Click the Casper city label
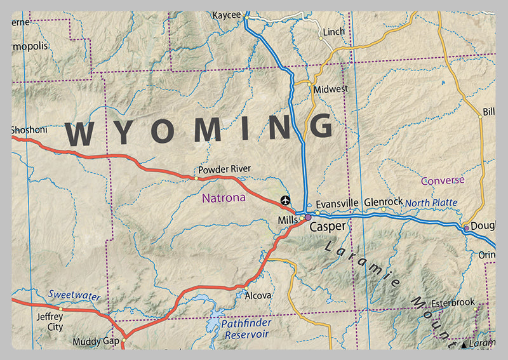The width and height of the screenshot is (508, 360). point(328,227)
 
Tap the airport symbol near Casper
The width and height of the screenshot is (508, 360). point(285,200)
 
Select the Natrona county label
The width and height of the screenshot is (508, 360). point(224,198)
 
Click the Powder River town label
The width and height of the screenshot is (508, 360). point(224,169)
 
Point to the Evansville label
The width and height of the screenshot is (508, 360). point(337,203)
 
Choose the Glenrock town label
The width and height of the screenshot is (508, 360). point(384,201)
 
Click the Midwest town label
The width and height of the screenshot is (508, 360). point(330,90)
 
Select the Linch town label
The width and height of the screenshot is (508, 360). point(334,31)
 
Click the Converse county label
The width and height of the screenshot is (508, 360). point(443,180)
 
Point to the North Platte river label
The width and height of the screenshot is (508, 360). point(431,203)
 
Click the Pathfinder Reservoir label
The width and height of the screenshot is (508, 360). point(246,328)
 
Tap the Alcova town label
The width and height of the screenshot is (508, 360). point(258,295)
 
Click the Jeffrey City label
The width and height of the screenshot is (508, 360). point(50,322)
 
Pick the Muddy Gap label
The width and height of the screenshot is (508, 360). point(96,342)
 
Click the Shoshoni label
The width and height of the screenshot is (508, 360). point(29,130)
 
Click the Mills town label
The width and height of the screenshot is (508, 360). point(287,220)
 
